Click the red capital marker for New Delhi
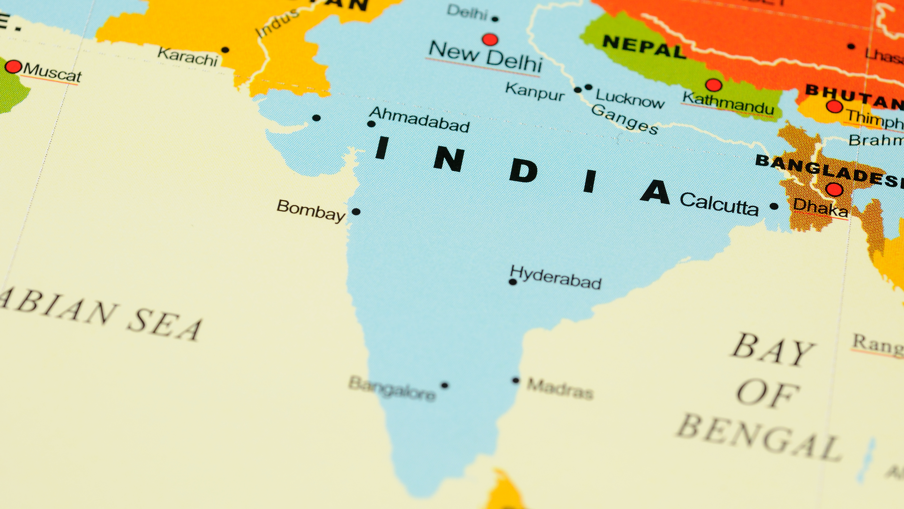[490, 39]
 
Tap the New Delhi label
[485, 57]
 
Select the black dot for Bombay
[356, 212]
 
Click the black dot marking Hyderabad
[513, 282]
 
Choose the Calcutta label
[719, 204]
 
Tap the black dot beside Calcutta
[774, 206]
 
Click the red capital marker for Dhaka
[834, 189]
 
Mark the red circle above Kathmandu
[713, 85]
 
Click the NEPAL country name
[644, 47]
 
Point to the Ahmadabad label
[419, 119]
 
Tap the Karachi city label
[188, 57]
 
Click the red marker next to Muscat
[13, 66]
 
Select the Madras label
[560, 389]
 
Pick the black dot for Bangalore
[444, 385]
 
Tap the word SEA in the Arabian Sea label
[165, 324]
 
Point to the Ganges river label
[624, 119]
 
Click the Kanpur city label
[535, 91]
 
